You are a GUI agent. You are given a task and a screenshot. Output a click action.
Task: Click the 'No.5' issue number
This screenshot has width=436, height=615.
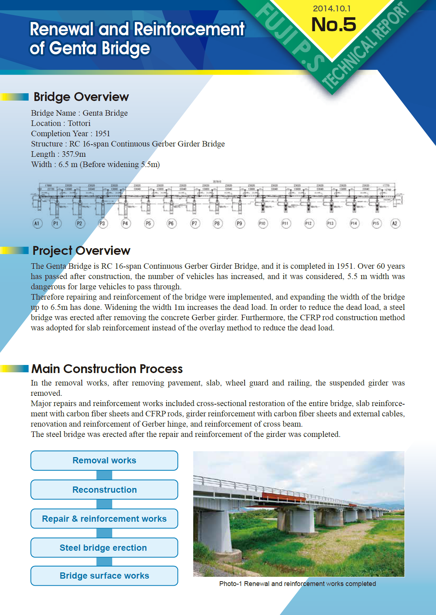coord(333,25)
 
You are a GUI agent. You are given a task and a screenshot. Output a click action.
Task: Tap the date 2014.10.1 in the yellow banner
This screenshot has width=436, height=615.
coord(331,8)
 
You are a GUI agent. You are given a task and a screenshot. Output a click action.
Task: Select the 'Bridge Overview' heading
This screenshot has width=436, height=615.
coord(81,97)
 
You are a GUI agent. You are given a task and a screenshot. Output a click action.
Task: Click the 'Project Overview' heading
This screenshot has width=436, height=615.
coord(81,251)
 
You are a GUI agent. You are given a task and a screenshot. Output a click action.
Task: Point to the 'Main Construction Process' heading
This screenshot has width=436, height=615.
coord(107,369)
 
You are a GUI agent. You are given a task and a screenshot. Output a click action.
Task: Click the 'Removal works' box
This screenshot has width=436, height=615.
coord(104,460)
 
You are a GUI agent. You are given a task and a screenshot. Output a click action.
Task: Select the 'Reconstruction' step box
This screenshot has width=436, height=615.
coord(104,489)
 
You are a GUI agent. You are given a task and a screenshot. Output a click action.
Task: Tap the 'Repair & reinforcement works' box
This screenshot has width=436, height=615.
coord(104,518)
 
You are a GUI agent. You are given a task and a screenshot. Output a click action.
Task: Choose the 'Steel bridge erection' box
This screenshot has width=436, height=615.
coord(104,547)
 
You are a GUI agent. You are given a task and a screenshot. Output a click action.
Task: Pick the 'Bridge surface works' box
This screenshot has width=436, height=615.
coord(104,576)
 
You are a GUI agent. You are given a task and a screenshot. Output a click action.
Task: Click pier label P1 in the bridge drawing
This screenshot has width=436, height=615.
coord(56,223)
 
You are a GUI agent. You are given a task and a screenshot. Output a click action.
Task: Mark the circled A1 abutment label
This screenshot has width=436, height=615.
coord(37,223)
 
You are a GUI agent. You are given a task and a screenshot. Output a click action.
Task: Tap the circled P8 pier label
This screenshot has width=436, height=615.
coord(217,223)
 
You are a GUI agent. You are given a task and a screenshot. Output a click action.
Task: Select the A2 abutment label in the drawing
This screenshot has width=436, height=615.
coord(395,223)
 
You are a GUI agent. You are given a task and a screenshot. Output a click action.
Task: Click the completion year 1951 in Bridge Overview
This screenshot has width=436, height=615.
coord(102,134)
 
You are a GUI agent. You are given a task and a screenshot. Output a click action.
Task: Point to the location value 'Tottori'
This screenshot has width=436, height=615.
coord(79,123)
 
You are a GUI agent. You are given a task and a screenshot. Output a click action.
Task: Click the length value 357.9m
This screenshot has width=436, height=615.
coord(74,154)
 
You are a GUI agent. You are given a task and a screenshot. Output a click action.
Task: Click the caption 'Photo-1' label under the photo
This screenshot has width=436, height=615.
coord(230,584)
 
